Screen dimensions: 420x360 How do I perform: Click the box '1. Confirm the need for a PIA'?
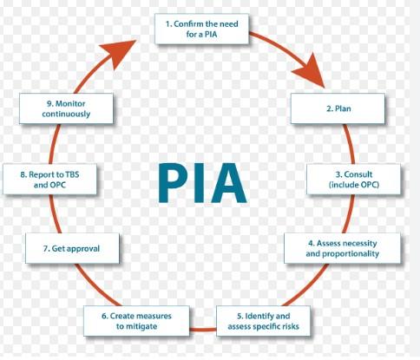(x=201, y=29)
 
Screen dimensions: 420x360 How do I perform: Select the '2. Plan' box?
(x=338, y=108)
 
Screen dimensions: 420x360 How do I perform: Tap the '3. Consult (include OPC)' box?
(x=353, y=180)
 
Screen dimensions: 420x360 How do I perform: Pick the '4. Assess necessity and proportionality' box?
(x=343, y=248)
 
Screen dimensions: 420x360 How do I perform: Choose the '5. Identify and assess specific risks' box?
(x=263, y=321)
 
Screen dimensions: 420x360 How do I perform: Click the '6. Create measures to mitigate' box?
(x=136, y=321)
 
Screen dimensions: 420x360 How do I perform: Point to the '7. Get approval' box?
(x=72, y=248)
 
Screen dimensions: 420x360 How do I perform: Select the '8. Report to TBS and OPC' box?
(x=49, y=180)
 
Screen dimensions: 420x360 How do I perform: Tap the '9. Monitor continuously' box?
(x=66, y=108)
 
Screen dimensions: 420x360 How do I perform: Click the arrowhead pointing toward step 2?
(x=312, y=72)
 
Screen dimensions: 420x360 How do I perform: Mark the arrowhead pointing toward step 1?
(x=119, y=54)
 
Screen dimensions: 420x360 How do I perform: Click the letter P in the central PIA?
(x=174, y=183)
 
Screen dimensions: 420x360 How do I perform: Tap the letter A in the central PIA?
(x=228, y=183)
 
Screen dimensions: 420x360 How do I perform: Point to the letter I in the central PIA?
(x=200, y=183)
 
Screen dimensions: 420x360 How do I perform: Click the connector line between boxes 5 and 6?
(x=203, y=330)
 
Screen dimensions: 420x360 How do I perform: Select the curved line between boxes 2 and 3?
(x=351, y=144)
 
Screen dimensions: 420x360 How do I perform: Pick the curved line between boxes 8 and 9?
(x=54, y=144)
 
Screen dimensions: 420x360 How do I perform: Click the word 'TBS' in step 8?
(x=72, y=174)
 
